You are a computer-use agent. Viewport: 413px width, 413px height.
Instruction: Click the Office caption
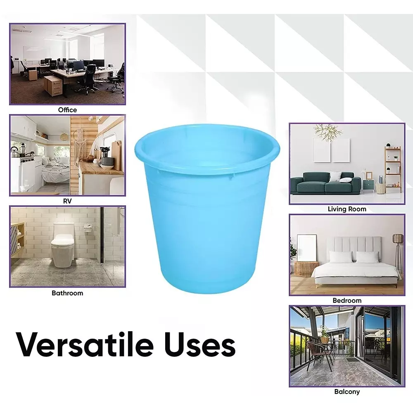coord(67,110)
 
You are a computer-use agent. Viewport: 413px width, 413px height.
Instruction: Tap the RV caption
coord(67,201)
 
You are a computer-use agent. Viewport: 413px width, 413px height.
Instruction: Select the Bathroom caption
coord(67,293)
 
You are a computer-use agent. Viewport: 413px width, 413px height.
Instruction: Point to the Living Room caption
coord(347,209)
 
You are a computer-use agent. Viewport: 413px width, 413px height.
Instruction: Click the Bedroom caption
coord(347,301)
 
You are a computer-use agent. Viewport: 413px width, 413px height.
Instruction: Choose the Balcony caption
coord(347,392)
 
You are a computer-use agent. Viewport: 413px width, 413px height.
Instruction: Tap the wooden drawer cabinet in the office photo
coord(52,85)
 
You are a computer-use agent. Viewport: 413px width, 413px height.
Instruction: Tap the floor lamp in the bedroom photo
coord(397,252)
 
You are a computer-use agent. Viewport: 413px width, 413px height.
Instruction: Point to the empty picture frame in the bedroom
coord(306,247)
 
